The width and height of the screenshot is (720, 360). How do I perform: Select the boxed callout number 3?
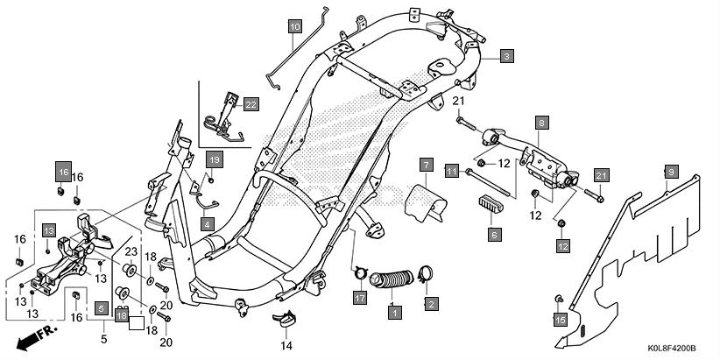506,55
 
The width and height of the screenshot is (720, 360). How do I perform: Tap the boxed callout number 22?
251,104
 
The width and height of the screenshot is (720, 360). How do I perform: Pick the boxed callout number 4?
208,223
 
